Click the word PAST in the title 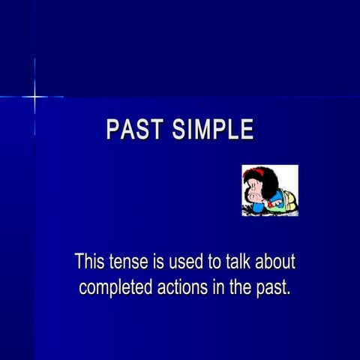134,130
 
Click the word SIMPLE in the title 212,130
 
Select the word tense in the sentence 128,262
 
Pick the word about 277,262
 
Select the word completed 114,287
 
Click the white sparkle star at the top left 34,97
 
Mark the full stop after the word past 288,293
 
